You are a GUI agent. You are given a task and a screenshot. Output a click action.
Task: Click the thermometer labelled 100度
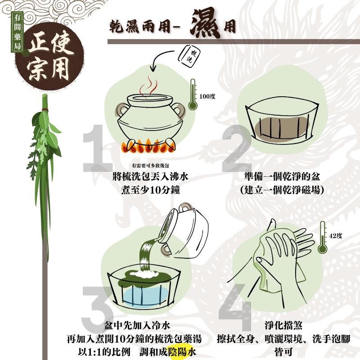click(x=193, y=94)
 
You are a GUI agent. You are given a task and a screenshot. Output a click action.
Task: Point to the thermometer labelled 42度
click(x=322, y=237)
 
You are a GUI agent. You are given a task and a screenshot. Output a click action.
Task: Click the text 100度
click(x=207, y=96)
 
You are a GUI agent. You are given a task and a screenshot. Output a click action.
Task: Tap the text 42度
click(x=336, y=235)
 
